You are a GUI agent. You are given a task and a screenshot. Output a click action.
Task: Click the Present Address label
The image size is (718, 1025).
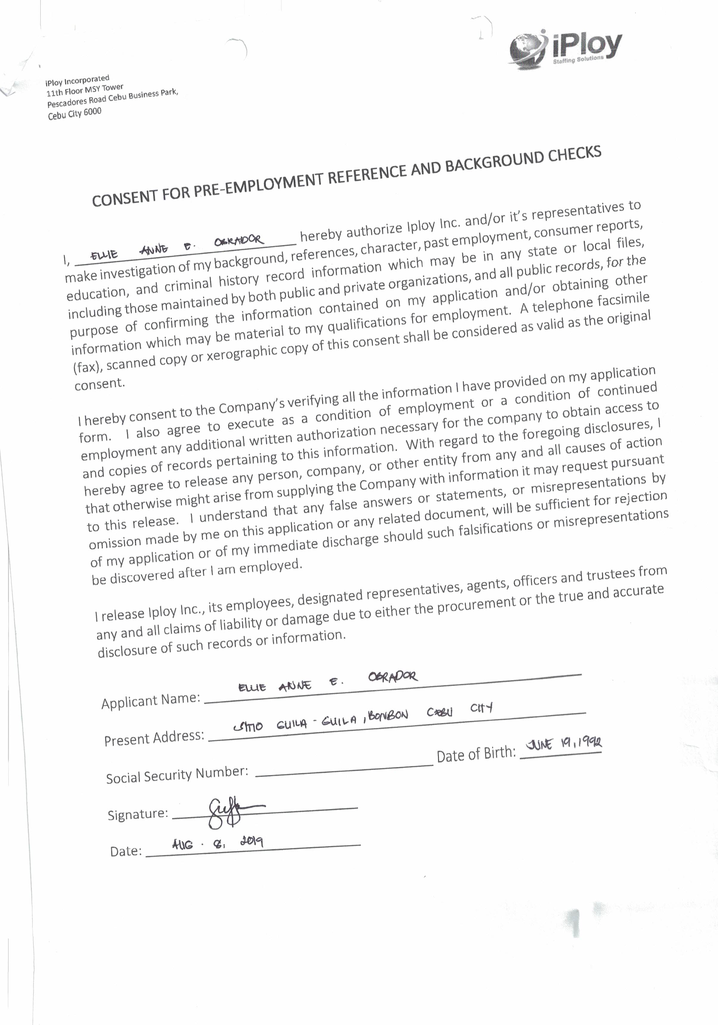coord(154,738)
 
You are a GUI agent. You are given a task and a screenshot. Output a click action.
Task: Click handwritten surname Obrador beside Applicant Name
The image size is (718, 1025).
coord(393,677)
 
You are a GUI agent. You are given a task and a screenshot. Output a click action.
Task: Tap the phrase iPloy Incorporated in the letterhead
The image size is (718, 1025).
coord(77,80)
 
